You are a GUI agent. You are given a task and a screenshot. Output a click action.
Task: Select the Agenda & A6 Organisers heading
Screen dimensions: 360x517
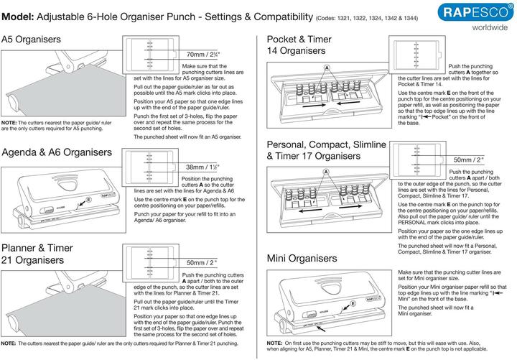[x=57, y=152]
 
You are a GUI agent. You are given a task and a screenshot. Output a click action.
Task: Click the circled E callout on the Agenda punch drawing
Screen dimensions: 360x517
[x=88, y=198]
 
